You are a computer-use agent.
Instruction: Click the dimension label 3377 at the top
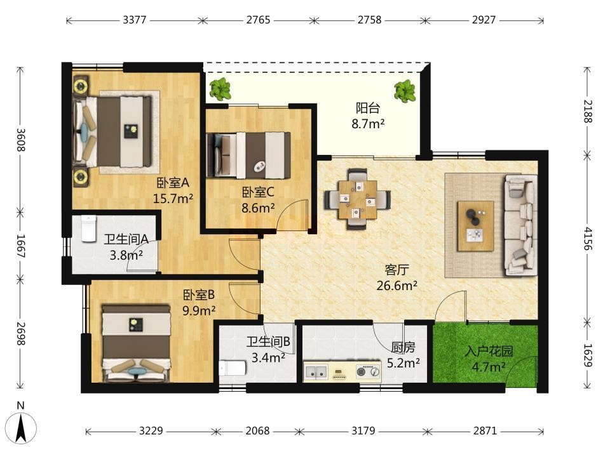(134, 20)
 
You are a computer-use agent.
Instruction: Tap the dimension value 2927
(484, 20)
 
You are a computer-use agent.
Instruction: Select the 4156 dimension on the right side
(588, 239)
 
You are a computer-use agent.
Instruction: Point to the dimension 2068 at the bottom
(257, 430)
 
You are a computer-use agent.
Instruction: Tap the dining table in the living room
(357, 199)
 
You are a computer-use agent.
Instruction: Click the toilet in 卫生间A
(89, 229)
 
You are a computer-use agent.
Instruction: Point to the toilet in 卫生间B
(233, 368)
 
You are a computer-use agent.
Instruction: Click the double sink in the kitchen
(316, 372)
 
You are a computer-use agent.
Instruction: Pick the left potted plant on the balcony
(220, 89)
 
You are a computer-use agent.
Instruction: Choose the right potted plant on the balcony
(405, 91)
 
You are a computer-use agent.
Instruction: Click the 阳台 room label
(368, 108)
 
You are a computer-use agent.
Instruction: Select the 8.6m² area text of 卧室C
(258, 208)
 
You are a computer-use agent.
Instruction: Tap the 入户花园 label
(489, 351)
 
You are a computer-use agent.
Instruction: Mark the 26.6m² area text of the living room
(396, 286)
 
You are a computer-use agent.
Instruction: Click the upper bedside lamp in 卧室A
(81, 86)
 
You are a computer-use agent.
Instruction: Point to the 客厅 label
(396, 269)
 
